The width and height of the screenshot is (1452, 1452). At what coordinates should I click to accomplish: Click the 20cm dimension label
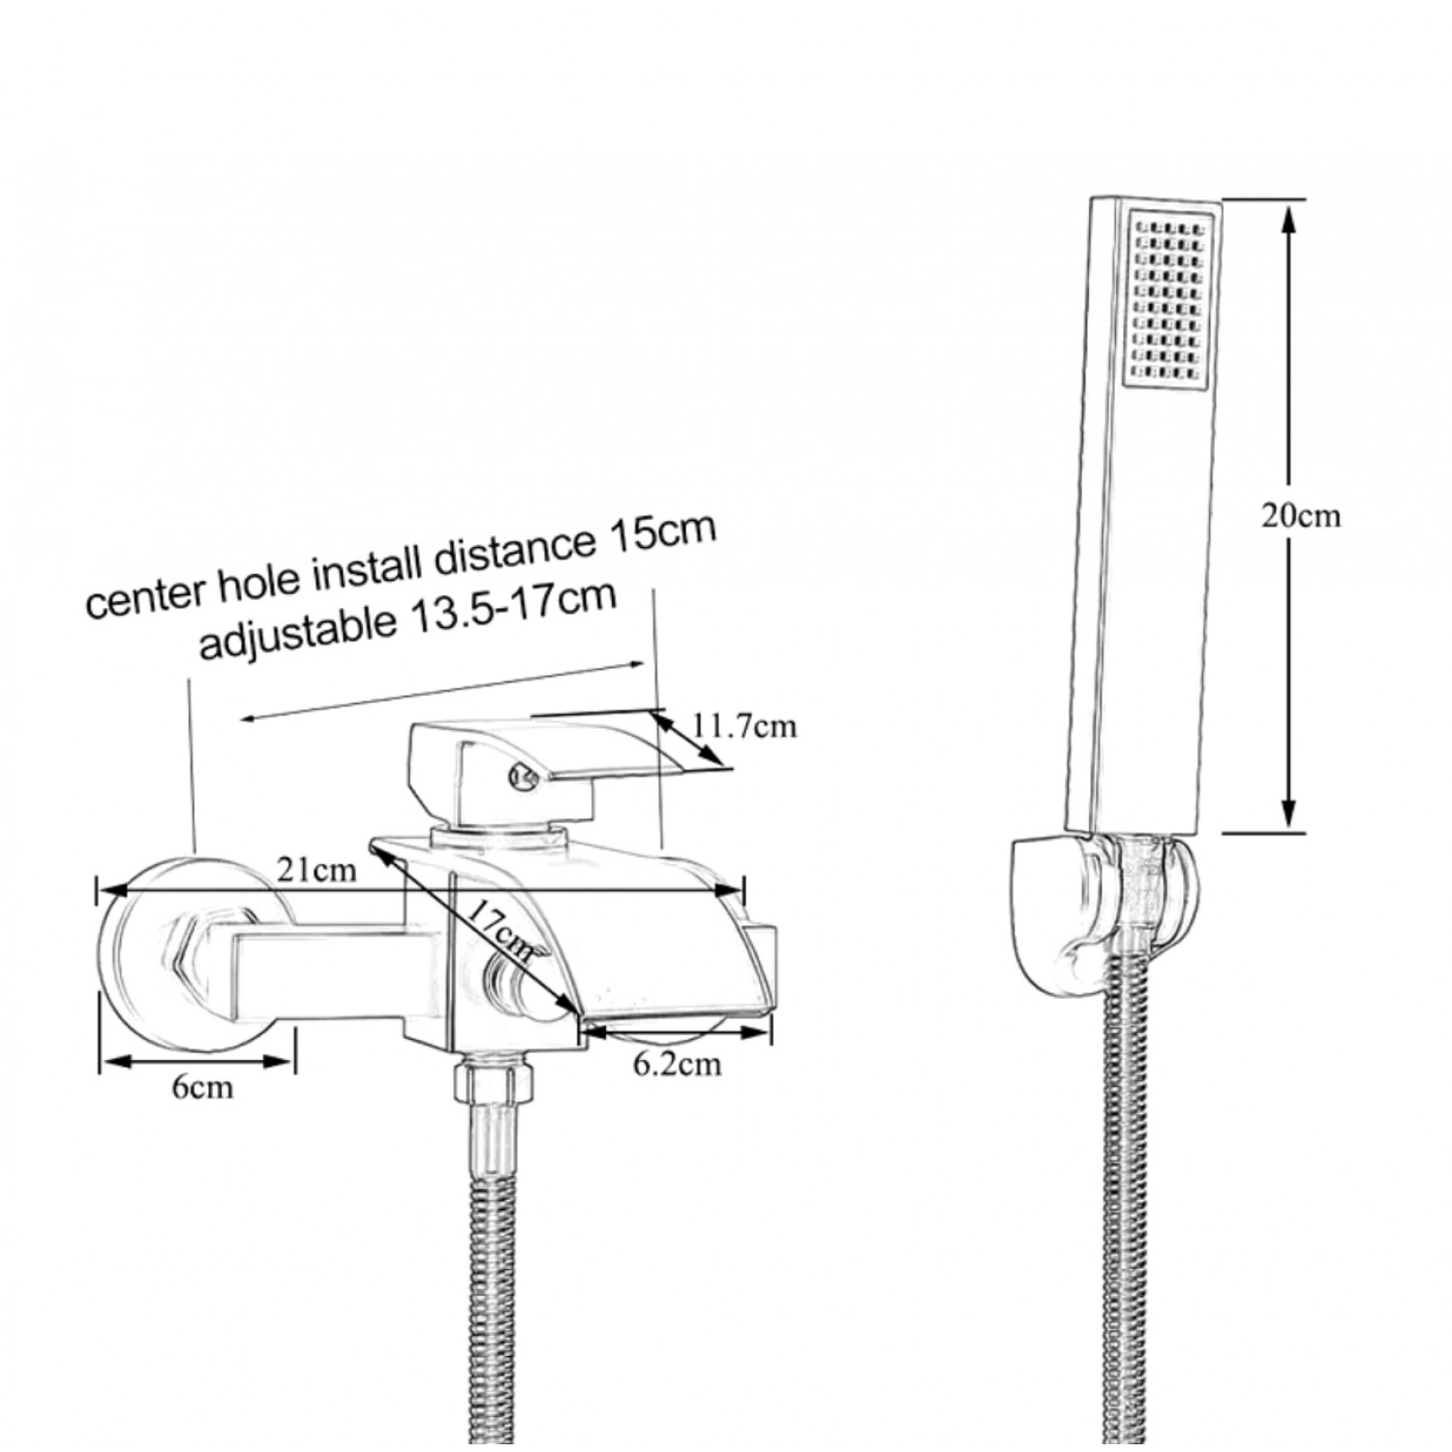click(x=1300, y=516)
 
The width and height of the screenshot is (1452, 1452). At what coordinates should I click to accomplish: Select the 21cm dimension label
click(x=317, y=870)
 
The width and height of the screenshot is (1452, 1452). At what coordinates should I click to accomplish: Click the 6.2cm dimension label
click(x=677, y=1065)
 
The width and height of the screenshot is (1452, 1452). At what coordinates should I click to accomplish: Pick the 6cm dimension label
click(x=202, y=1087)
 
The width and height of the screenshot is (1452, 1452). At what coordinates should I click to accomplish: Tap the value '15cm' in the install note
click(x=661, y=532)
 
